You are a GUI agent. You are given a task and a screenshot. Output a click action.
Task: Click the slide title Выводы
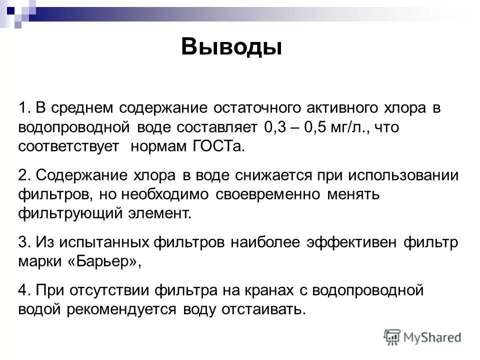point(231,47)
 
